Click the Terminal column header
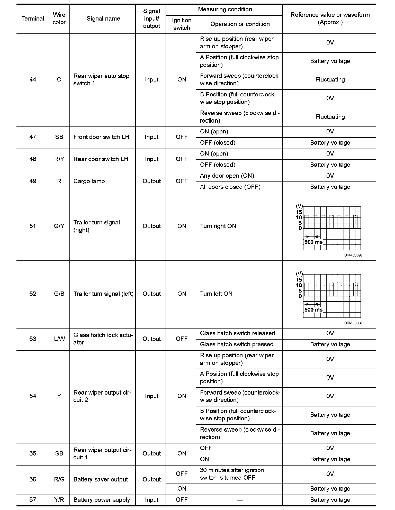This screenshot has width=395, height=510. (x=33, y=19)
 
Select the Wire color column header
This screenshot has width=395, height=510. (x=59, y=19)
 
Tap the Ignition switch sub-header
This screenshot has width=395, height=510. (x=182, y=24)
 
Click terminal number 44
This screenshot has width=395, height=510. (x=33, y=79)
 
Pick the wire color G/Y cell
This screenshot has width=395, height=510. (x=59, y=226)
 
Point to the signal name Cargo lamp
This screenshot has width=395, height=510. (x=89, y=181)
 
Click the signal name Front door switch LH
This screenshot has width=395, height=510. (x=101, y=137)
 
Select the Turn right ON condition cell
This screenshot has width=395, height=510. (x=218, y=226)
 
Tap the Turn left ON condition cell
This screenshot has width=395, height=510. (x=216, y=294)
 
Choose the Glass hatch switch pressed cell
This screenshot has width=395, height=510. (x=236, y=344)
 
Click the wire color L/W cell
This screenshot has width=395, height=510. (x=59, y=339)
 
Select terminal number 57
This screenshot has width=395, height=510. (x=33, y=500)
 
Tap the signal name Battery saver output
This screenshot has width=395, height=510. (x=101, y=479)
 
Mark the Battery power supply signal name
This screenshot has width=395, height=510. (x=102, y=500)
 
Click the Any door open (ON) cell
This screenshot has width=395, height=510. (x=227, y=176)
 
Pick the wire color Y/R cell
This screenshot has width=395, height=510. (x=59, y=500)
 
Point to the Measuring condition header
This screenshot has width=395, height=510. (x=225, y=10)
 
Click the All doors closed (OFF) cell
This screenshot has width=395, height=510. (x=230, y=187)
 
